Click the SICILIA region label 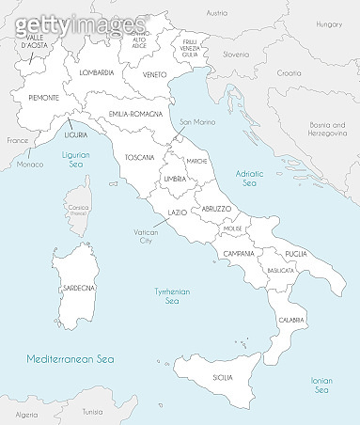tap(223, 377)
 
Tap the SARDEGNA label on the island tap(77, 287)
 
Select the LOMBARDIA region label tap(97, 72)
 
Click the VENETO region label tap(155, 74)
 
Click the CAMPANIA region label tap(239, 254)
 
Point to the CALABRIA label tap(290, 321)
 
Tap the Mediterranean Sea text tap(70, 358)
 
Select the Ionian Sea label tap(321, 385)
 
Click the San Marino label tap(198, 122)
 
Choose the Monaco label tap(30, 165)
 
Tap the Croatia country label tap(290, 72)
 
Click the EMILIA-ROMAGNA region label tap(138, 114)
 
